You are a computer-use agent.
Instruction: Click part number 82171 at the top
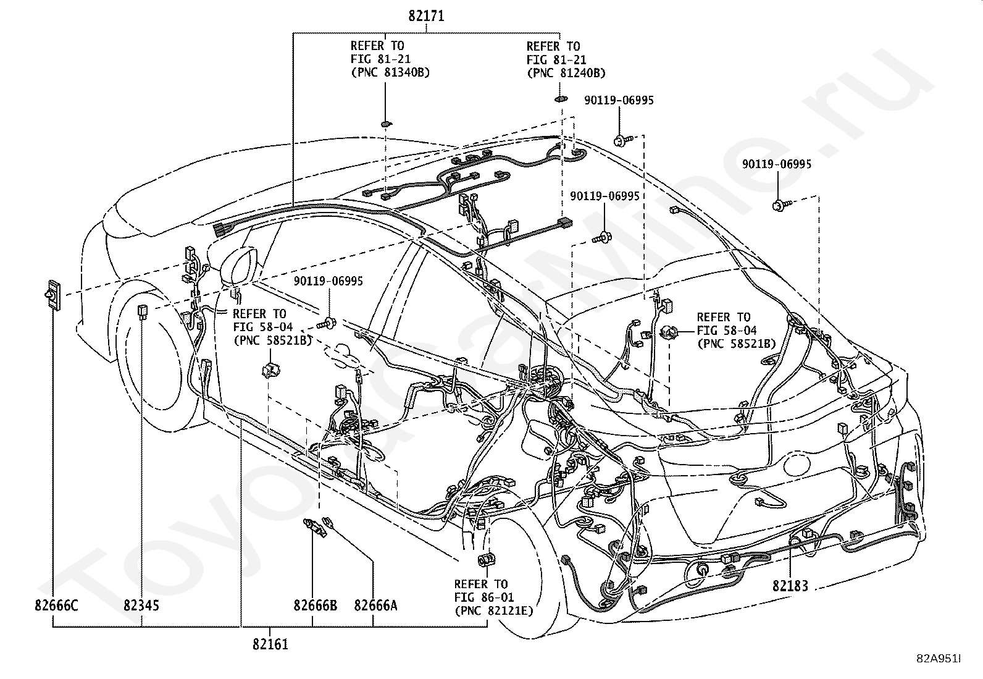pyautogui.click(x=426, y=16)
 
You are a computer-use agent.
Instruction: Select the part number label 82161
pyautogui.click(x=270, y=644)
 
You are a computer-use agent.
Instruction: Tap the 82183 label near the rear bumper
pyautogui.click(x=790, y=586)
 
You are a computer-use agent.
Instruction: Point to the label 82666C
pyautogui.click(x=56, y=605)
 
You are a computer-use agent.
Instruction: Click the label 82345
pyautogui.click(x=141, y=605)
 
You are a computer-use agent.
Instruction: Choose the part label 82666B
pyautogui.click(x=315, y=605)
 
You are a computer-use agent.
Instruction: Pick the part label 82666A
pyautogui.click(x=375, y=605)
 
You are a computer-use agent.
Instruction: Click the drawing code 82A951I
pyautogui.click(x=939, y=659)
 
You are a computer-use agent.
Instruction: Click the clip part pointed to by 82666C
pyautogui.click(x=52, y=295)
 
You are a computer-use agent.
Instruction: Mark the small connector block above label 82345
pyautogui.click(x=142, y=311)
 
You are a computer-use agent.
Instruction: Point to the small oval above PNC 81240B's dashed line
pyautogui.click(x=561, y=99)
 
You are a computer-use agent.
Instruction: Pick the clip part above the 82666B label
pyautogui.click(x=315, y=527)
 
